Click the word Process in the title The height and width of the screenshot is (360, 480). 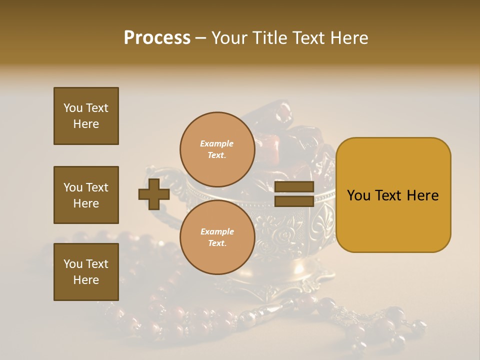click(157, 38)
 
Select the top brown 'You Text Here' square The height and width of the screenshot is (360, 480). click(86, 116)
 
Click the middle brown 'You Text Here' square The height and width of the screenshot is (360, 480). click(86, 195)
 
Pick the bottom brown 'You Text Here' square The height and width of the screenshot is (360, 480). click(86, 272)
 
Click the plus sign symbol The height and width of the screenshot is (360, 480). click(154, 194)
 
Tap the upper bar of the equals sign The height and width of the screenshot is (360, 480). click(294, 187)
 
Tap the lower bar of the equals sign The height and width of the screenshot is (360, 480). click(294, 201)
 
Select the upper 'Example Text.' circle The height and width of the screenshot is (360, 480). click(217, 149)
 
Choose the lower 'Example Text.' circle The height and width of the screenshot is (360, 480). click(217, 237)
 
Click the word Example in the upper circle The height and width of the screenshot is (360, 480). click(217, 143)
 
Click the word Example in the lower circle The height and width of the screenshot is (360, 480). click(217, 231)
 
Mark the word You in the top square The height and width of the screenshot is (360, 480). click(73, 108)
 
